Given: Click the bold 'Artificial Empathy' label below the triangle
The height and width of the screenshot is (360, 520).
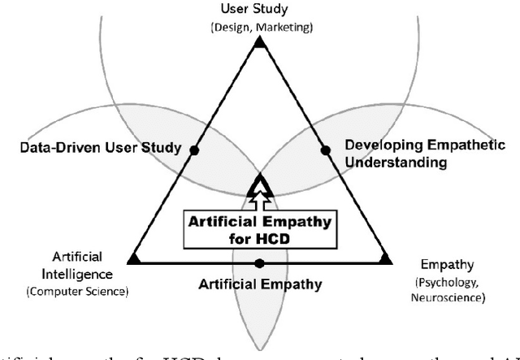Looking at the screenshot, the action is point(260,284).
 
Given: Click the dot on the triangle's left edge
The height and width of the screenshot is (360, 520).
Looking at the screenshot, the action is point(194,150).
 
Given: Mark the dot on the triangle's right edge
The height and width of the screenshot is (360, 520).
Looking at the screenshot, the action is point(325,150).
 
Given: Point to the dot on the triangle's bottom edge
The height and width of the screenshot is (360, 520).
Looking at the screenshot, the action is point(259,263).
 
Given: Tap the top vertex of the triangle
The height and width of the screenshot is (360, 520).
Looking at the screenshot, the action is point(259,42).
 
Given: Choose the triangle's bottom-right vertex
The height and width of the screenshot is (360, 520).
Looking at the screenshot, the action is point(385,259).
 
